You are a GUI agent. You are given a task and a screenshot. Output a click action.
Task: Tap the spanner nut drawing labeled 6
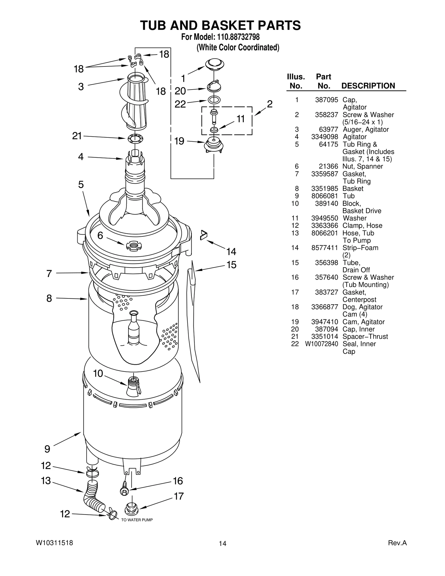pyautogui.click(x=134, y=246)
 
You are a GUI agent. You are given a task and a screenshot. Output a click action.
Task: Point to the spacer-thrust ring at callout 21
pyautogui.click(x=135, y=139)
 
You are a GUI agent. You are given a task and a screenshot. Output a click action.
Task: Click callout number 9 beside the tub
pyautogui.click(x=47, y=449)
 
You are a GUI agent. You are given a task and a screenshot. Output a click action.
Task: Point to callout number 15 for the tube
pyautogui.click(x=231, y=265)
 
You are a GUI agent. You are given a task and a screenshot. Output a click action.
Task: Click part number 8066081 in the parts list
pyautogui.click(x=325, y=196)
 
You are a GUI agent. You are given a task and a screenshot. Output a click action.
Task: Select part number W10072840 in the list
pyautogui.click(x=322, y=344)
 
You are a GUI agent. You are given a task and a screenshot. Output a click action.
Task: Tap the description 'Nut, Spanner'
pyautogui.click(x=363, y=166)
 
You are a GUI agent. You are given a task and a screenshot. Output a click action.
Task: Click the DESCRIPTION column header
pyautogui.click(x=368, y=86)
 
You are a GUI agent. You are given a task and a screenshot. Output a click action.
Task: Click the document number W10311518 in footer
pyautogui.click(x=55, y=543)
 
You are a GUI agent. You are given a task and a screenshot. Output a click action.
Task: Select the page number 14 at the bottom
pyautogui.click(x=222, y=543)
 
